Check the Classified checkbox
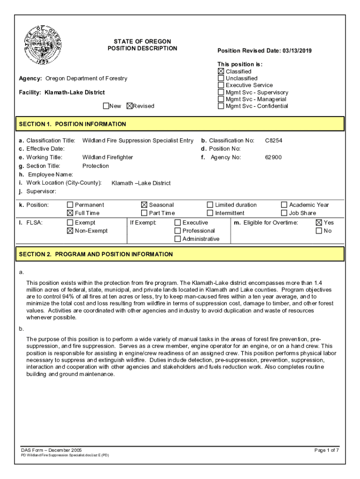click(221, 72)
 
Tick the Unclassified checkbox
click(221, 79)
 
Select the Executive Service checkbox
click(221, 85)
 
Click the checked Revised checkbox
click(130, 106)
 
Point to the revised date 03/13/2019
click(297, 51)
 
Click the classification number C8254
click(274, 140)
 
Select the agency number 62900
click(274, 157)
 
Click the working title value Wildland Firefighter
click(108, 157)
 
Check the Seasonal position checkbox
click(144, 205)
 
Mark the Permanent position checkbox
click(70, 205)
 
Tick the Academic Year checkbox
click(284, 205)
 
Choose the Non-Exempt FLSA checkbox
click(70, 231)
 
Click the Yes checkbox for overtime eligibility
click(319, 223)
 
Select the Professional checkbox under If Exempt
click(178, 231)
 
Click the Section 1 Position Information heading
click(72, 124)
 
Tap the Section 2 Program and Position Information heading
click(96, 254)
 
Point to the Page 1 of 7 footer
click(326, 450)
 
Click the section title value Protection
click(95, 166)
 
